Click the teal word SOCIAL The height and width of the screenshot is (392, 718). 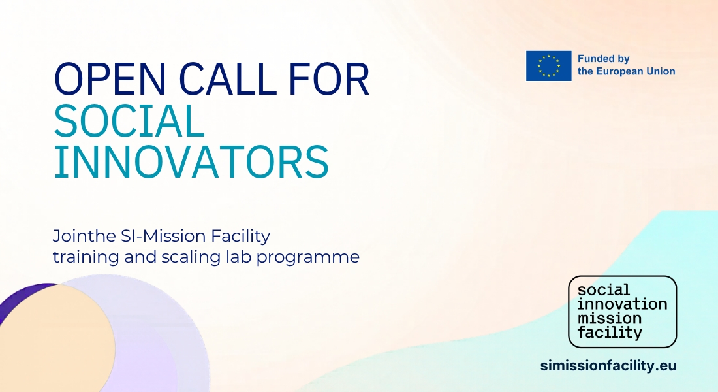click(129, 121)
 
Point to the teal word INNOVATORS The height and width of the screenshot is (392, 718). click(191, 162)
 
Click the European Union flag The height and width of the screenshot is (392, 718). click(548, 66)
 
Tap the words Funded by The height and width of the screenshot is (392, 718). click(604, 59)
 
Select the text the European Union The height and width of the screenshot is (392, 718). click(627, 71)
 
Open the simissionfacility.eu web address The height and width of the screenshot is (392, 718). click(608, 366)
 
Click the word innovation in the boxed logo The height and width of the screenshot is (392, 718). click(622, 304)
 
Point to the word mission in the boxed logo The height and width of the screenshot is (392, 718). click(610, 318)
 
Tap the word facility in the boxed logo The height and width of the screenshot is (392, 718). click(610, 333)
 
